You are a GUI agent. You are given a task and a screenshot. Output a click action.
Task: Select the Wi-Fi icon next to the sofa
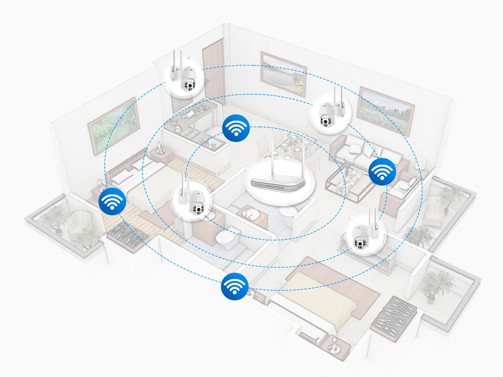tap(381, 172)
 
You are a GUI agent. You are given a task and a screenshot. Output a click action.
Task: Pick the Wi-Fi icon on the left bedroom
tap(112, 202)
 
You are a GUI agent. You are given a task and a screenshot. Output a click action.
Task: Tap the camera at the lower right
tap(364, 235)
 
